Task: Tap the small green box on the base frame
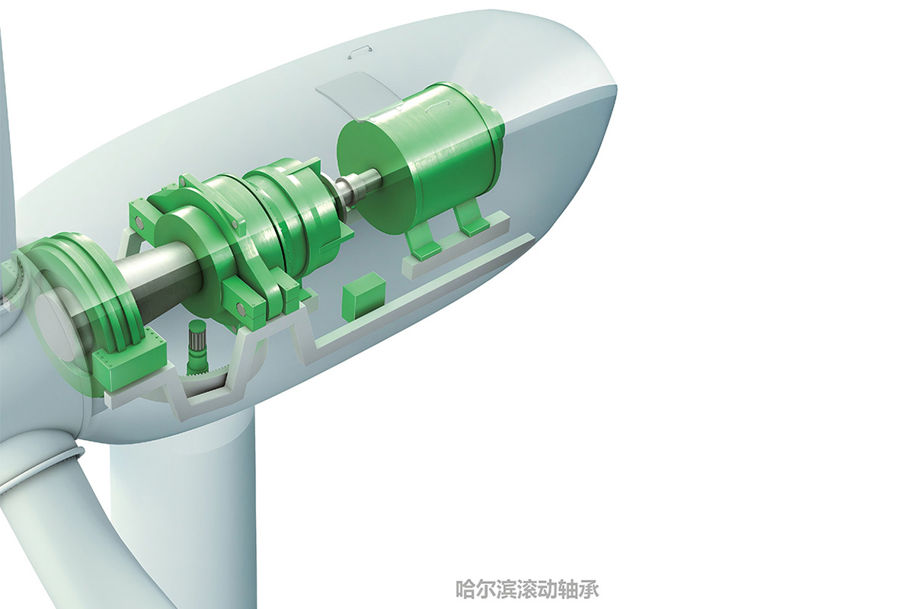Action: (x=364, y=295)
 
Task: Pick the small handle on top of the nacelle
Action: (x=359, y=53)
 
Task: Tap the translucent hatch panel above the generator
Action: (x=359, y=96)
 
